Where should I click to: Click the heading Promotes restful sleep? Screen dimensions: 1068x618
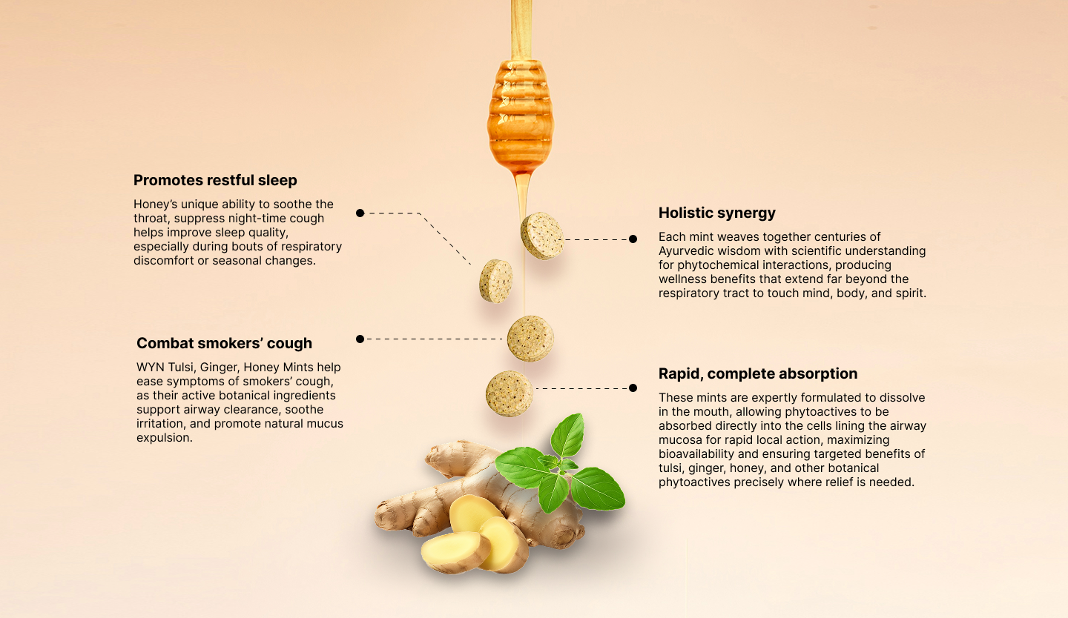point(215,180)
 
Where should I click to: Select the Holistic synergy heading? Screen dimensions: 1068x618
point(717,213)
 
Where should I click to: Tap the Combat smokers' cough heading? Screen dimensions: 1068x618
point(224,343)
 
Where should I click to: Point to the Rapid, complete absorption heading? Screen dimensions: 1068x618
point(758,373)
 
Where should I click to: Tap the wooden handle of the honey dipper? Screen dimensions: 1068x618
point(521,30)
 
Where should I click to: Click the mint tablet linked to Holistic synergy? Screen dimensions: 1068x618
point(542,236)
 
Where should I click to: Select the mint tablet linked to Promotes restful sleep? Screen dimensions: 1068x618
point(496,281)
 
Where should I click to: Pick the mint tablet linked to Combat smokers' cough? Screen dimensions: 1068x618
point(530,339)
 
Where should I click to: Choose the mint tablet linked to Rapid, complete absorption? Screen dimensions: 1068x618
point(510,393)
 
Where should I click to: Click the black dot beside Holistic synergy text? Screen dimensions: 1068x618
point(633,239)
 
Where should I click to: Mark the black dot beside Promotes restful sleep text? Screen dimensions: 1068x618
point(360,213)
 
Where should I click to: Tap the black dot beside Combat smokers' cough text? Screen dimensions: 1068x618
point(360,339)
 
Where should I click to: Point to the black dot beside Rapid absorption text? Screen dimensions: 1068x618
point(633,388)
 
